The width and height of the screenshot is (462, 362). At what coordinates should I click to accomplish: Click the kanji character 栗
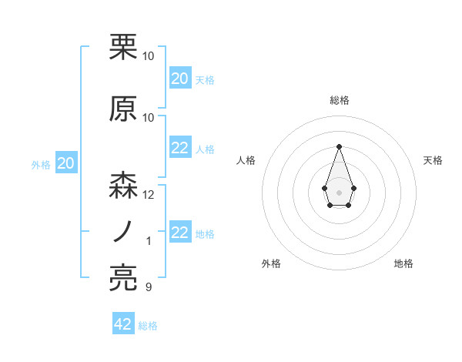[x=123, y=48]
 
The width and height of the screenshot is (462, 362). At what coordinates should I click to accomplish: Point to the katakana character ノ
[x=123, y=232]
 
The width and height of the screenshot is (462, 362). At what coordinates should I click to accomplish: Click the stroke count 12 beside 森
[x=149, y=195]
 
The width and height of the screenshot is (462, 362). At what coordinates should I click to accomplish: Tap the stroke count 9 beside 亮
[x=149, y=287]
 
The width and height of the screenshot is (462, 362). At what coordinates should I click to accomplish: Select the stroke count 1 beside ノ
[x=149, y=241]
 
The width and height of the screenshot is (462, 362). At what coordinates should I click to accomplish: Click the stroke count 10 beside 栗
[x=149, y=56]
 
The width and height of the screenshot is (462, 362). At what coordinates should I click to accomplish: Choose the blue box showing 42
[x=123, y=324]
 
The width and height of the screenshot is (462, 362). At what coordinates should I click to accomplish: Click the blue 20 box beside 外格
[x=65, y=163]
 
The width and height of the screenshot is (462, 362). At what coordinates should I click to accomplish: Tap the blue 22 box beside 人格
[x=179, y=148]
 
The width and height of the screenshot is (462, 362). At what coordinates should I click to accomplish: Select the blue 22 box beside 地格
[x=179, y=233]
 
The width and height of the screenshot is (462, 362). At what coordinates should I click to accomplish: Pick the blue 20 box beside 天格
[x=179, y=78]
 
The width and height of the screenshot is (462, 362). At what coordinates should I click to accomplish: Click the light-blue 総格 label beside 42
[x=148, y=326]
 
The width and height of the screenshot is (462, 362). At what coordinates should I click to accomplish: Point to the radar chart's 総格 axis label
[x=339, y=101]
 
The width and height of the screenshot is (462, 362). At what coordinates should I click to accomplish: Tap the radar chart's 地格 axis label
[x=403, y=263]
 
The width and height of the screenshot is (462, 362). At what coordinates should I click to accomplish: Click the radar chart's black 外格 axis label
[x=271, y=263]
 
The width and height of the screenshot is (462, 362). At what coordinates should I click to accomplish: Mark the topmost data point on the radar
[x=339, y=146]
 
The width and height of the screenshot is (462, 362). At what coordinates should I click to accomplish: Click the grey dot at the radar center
[x=339, y=191]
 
